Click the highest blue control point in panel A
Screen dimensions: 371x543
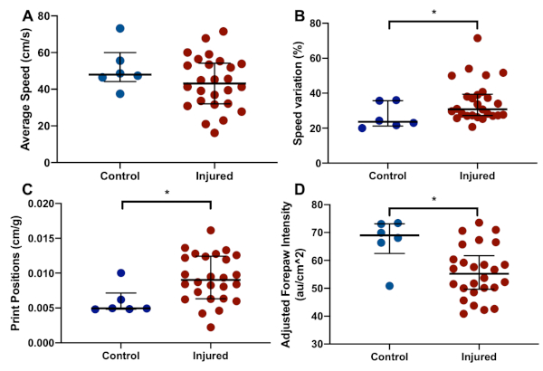[x=120, y=29]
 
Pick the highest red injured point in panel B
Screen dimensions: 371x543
[x=476, y=38]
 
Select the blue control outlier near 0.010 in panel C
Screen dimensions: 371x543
[x=121, y=272]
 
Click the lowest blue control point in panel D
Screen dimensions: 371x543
[x=389, y=286]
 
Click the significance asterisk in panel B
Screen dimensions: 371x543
[x=433, y=13]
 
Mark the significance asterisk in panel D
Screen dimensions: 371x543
[x=433, y=199]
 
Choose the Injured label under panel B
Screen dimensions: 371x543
[x=477, y=176]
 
